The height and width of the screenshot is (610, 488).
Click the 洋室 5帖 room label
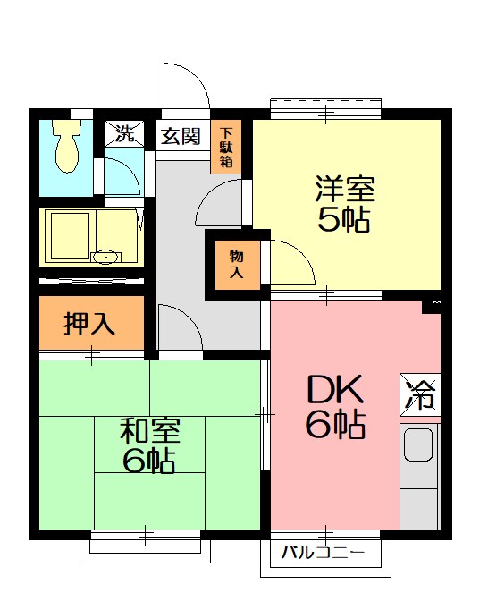[x=343, y=205]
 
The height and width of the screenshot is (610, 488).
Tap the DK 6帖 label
[x=335, y=406]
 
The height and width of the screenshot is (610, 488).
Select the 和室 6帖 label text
[x=149, y=445]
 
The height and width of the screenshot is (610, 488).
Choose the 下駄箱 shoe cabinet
[x=225, y=148]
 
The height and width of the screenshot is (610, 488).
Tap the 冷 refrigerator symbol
[x=419, y=394]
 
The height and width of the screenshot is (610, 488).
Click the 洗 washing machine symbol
[x=123, y=135]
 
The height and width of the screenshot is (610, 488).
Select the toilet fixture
[x=65, y=148]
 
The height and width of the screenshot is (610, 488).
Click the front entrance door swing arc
[x=186, y=88]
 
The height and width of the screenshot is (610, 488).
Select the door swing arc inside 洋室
[x=291, y=263]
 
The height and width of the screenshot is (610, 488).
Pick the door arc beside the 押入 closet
[x=180, y=327]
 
